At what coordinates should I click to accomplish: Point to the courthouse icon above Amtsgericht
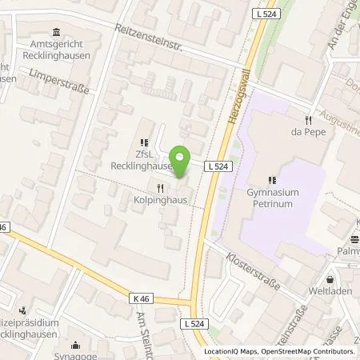(55, 33)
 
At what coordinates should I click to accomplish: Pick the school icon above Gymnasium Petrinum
(272, 180)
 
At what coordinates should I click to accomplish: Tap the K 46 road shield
(142, 298)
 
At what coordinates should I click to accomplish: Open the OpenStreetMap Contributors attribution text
(310, 352)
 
